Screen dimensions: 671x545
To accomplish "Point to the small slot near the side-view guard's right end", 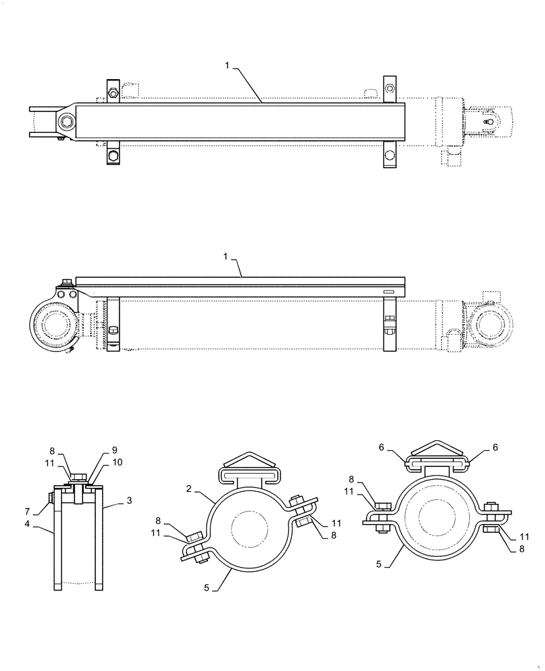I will (x=389, y=291).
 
